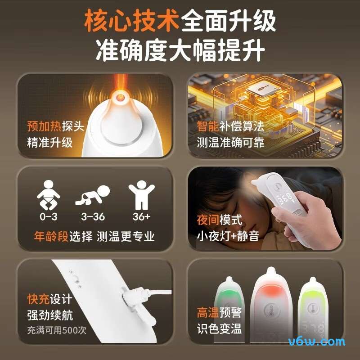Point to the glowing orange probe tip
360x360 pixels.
pyautogui.click(x=120, y=96)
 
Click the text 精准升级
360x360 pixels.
pyautogui.click(x=49, y=143)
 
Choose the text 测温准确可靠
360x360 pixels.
pyautogui.click(x=230, y=143)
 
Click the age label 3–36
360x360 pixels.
pyautogui.click(x=93, y=216)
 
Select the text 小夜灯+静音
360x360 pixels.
pyautogui.click(x=228, y=236)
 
